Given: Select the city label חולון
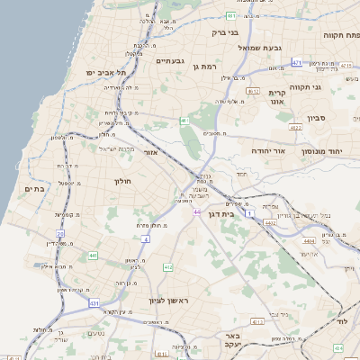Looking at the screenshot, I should (x=123, y=182).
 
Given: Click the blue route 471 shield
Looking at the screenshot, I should (x=297, y=63).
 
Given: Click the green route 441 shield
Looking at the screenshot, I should (x=93, y=256).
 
